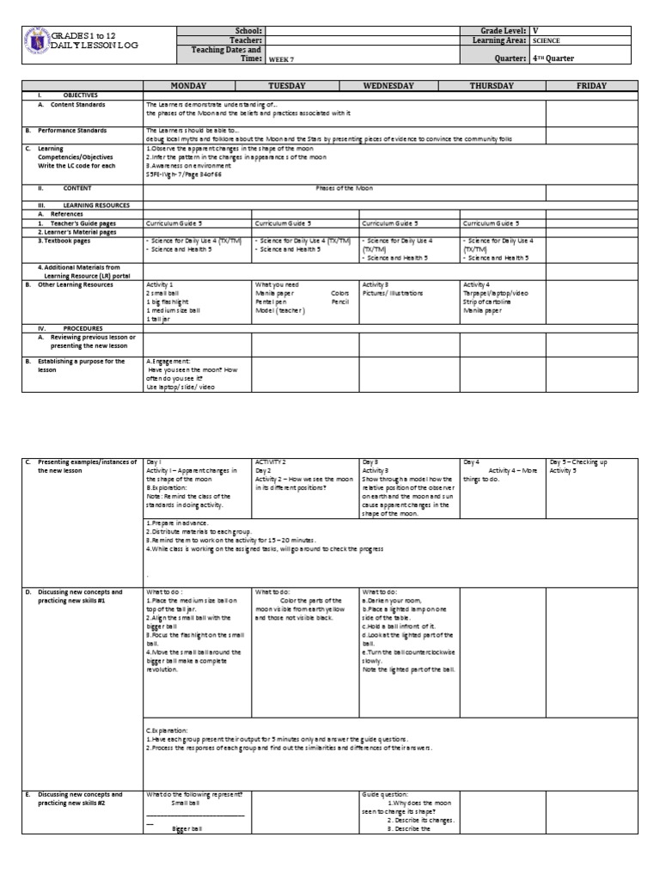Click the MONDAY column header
[x=197, y=86]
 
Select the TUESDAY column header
[x=295, y=86]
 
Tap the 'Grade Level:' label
[x=499, y=30]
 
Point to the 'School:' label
[x=247, y=30]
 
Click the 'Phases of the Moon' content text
[x=344, y=186]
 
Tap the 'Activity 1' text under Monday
[x=160, y=284]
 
